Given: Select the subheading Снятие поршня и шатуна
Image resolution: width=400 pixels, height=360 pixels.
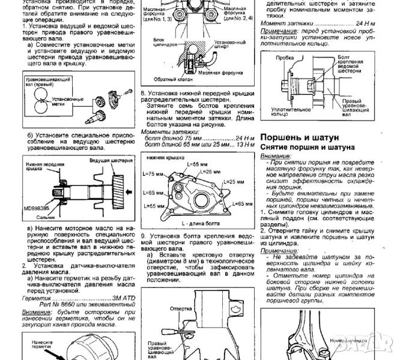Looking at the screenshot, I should click(x=306, y=147).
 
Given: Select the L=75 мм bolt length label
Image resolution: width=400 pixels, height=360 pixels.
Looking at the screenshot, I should click(x=155, y=173).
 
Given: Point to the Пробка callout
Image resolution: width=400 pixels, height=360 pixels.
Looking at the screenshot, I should click(x=285, y=58).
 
